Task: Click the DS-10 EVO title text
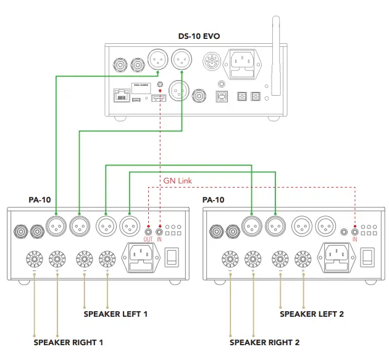[x=199, y=36]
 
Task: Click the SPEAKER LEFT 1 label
[x=115, y=314]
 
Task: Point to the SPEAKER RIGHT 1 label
[x=68, y=341]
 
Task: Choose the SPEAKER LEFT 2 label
[x=312, y=314]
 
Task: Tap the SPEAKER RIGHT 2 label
[x=264, y=341]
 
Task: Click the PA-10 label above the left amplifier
[x=39, y=200]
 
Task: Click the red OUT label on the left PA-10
[x=148, y=239]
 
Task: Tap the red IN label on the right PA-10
[x=354, y=239]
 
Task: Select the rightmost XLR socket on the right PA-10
[x=325, y=227]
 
